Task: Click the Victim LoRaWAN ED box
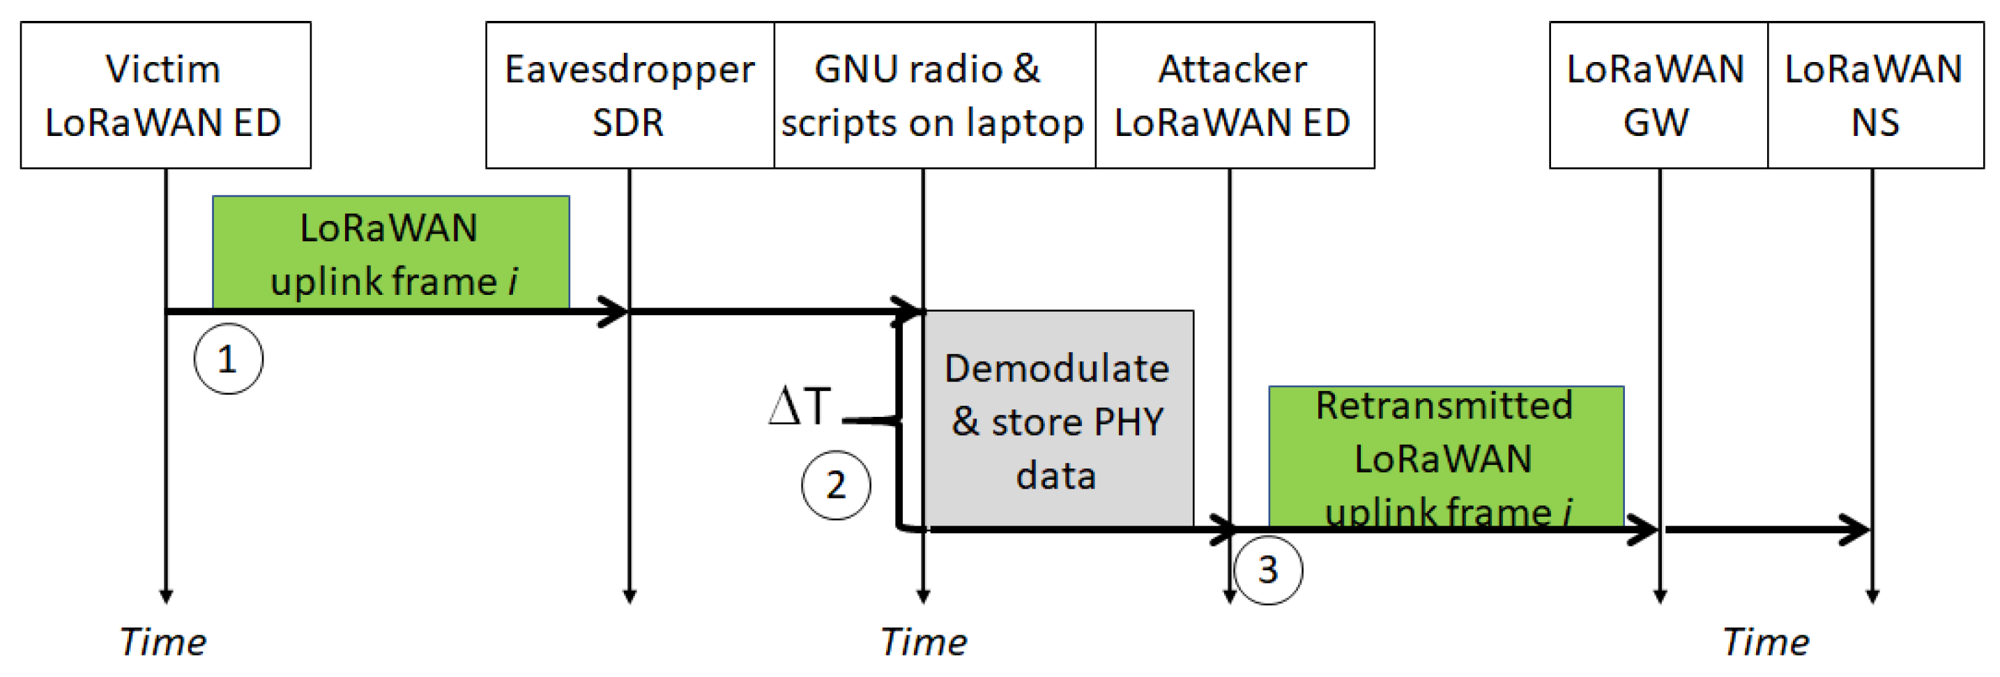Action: point(165,95)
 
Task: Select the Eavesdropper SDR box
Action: point(629,95)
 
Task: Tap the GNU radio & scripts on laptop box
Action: point(934,95)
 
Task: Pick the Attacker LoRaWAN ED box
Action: point(1234,95)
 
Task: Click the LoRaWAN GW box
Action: point(1658,95)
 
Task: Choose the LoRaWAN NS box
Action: point(1875,95)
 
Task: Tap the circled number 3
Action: point(1268,570)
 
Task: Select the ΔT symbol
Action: point(800,405)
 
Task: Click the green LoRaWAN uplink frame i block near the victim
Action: point(390,253)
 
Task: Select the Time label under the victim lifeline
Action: point(162,642)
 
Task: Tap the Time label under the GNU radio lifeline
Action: point(923,642)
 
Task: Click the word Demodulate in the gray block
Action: point(1057,368)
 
